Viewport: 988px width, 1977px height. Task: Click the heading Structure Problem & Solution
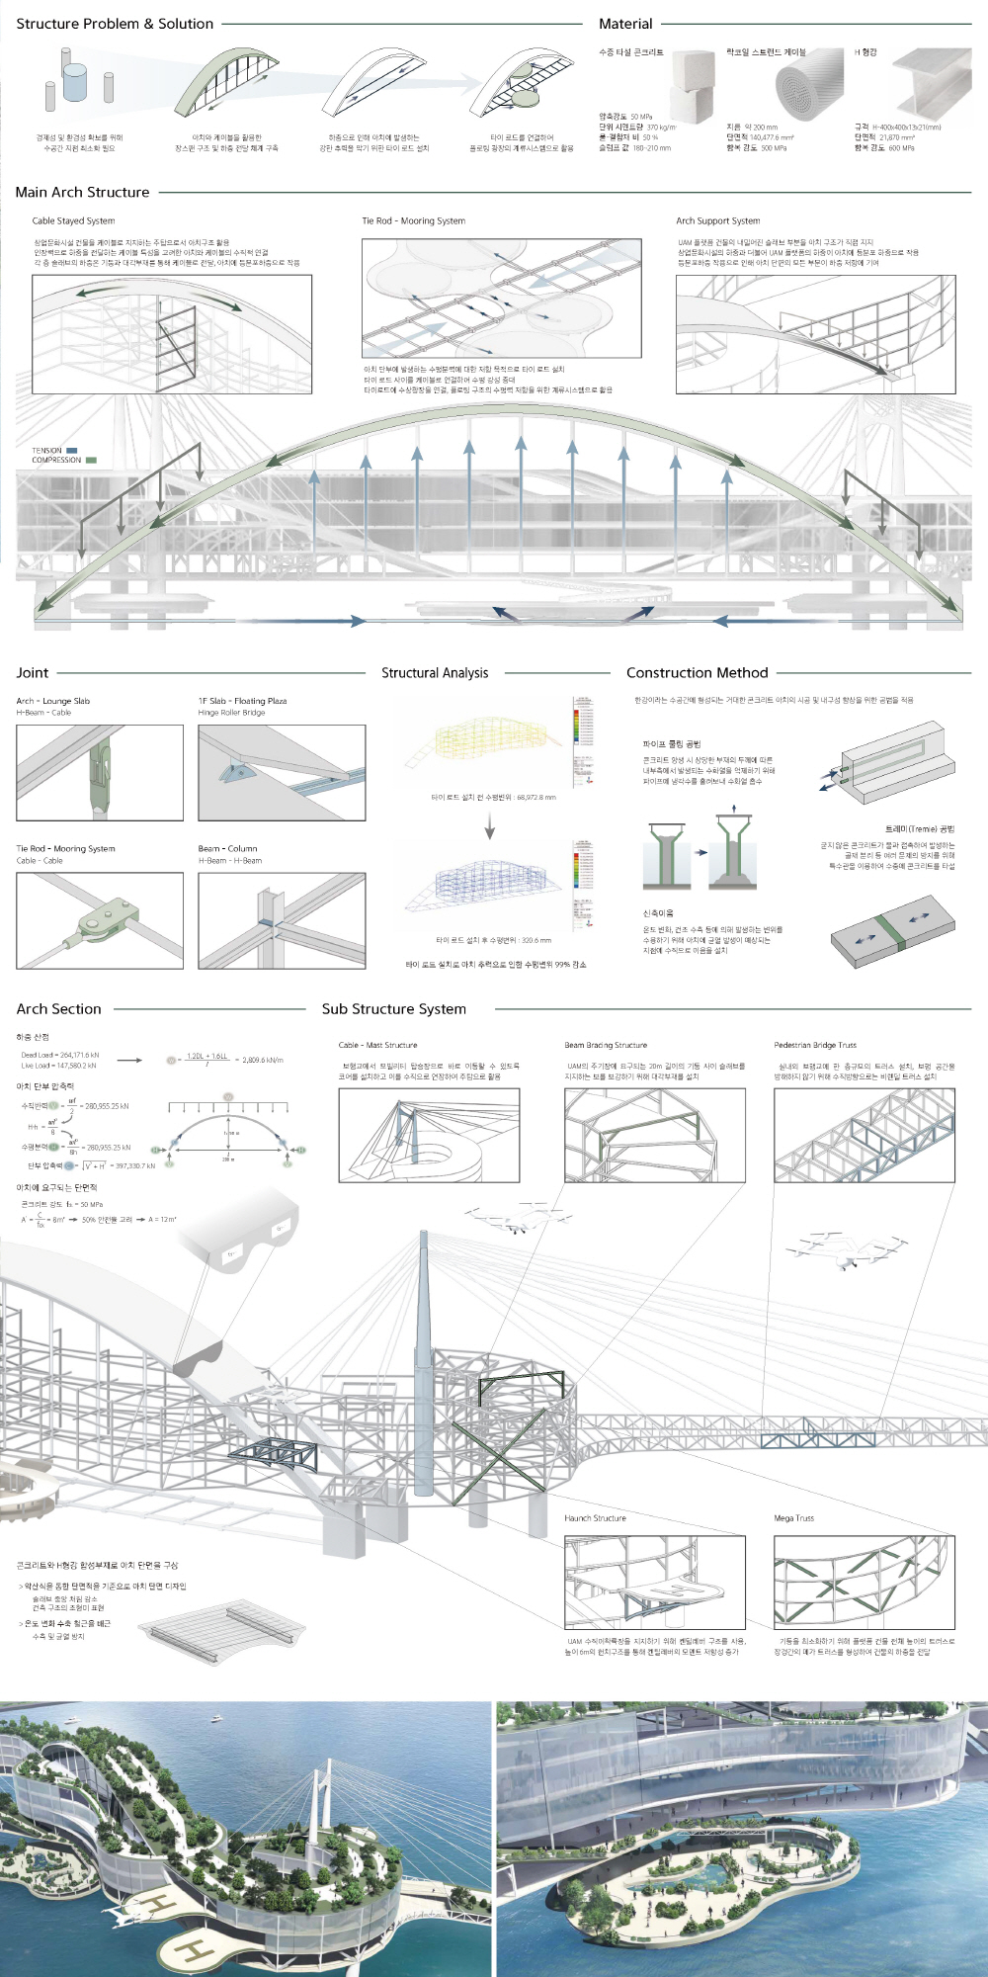[115, 24]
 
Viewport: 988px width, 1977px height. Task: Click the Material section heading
[625, 24]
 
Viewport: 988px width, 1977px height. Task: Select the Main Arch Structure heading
[83, 192]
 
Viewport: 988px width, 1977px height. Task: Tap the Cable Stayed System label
[73, 220]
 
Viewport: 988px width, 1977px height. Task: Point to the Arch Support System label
[718, 220]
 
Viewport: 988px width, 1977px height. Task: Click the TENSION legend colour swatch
[72, 451]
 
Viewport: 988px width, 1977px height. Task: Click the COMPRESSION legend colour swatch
[91, 461]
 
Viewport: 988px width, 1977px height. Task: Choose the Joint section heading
[33, 672]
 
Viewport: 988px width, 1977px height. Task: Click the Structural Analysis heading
[435, 672]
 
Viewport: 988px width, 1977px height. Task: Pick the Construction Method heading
[698, 672]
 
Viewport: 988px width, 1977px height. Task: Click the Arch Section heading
[59, 1008]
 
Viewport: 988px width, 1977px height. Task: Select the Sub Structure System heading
[394, 1008]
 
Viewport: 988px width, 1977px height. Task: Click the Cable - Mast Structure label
[378, 1045]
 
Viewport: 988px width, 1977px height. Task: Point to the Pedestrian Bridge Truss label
[815, 1045]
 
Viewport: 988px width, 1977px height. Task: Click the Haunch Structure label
[595, 1518]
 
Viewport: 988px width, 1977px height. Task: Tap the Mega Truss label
[794, 1518]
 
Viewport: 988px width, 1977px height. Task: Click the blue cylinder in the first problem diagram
[75, 82]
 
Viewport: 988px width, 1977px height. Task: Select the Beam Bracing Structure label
[606, 1045]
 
